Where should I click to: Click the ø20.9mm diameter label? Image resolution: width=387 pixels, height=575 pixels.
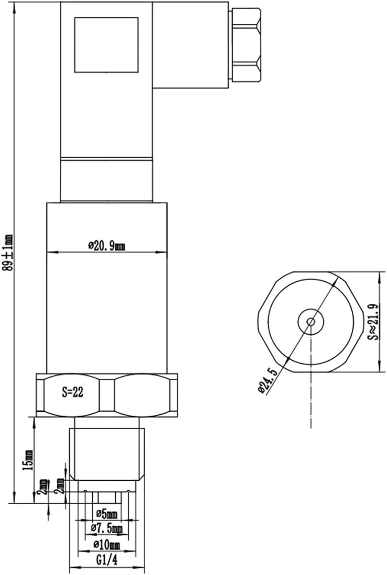107,246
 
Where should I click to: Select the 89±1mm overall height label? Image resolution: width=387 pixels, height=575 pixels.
7,252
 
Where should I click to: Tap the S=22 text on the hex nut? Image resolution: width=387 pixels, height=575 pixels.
73,392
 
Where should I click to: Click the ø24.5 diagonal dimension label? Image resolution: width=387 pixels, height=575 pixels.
268,381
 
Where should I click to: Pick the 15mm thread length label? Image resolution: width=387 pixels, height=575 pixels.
28,460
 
